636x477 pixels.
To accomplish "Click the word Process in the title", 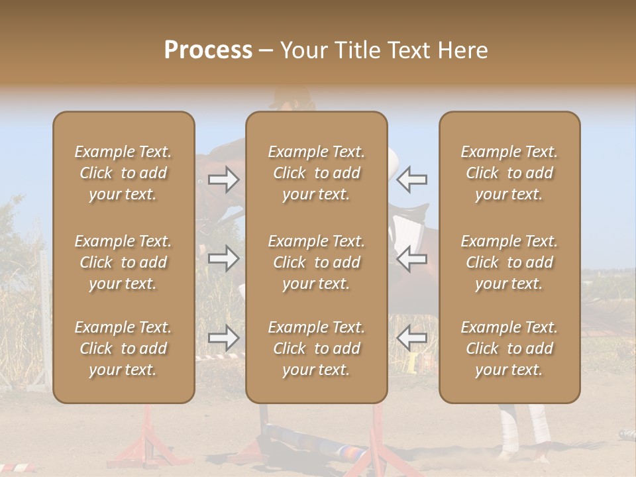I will [208, 50].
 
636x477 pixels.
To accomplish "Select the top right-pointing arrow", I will [224, 179].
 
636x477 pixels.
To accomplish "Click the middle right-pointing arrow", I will [224, 258].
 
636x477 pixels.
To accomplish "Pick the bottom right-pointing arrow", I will [224, 338].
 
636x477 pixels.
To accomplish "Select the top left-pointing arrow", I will [412, 179].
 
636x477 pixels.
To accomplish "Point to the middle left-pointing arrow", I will [412, 258].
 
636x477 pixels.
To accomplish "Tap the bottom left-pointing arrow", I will [412, 338].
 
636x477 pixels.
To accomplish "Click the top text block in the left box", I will [123, 173].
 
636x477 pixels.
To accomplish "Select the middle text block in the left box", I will [123, 262].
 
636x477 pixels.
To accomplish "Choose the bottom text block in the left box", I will [123, 348].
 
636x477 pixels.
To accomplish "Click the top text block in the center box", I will [316, 173].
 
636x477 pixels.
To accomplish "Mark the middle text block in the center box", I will [316, 262].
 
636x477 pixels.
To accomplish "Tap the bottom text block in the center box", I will [316, 348].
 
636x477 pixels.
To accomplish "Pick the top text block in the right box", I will [509, 173].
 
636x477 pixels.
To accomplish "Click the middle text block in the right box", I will [509, 262].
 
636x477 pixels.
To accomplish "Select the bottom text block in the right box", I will [509, 348].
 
